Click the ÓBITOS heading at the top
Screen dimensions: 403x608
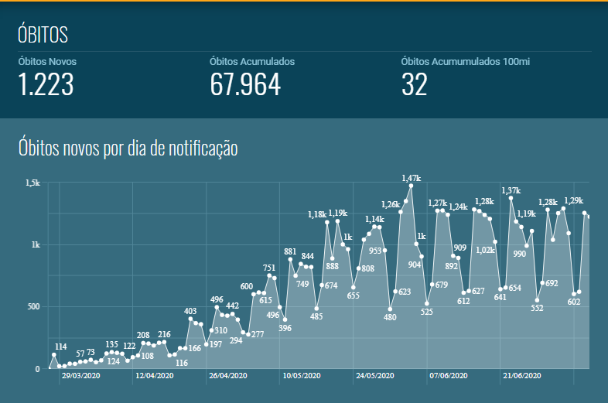click(x=43, y=35)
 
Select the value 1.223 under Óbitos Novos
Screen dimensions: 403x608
click(x=46, y=84)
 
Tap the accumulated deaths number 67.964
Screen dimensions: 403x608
click(x=245, y=84)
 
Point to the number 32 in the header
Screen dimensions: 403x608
click(x=414, y=84)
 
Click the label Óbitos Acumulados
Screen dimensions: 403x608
click(x=252, y=61)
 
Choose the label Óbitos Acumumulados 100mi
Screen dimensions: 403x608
click(x=465, y=61)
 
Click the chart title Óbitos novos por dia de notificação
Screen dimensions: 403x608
click(x=128, y=147)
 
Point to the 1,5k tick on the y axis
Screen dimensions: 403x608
click(x=32, y=183)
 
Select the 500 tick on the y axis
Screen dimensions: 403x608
click(x=32, y=307)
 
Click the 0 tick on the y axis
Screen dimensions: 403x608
click(x=36, y=369)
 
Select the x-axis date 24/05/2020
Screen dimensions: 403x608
click(x=375, y=376)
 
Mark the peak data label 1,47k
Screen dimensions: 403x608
click(x=411, y=178)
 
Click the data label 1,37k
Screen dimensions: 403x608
click(x=511, y=190)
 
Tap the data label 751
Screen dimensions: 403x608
click(x=269, y=268)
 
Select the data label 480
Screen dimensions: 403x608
click(x=390, y=317)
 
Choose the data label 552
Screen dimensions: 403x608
click(x=537, y=308)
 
